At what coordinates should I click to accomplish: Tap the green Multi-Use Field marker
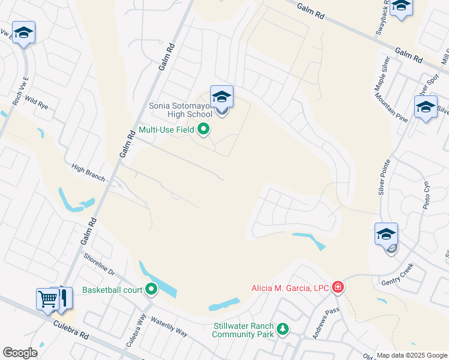(x=203, y=128)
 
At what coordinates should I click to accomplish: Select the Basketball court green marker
(x=151, y=290)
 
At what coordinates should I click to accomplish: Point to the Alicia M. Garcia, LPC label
(x=290, y=288)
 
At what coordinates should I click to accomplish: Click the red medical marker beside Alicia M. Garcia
(x=339, y=288)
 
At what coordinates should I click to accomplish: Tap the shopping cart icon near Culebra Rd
(x=47, y=298)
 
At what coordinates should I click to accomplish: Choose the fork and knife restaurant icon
(x=63, y=298)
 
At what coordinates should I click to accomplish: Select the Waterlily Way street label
(x=169, y=327)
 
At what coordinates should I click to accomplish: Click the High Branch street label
(x=88, y=173)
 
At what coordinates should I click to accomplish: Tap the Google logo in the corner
(x=20, y=352)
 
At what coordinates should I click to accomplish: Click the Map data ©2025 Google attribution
(x=412, y=355)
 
